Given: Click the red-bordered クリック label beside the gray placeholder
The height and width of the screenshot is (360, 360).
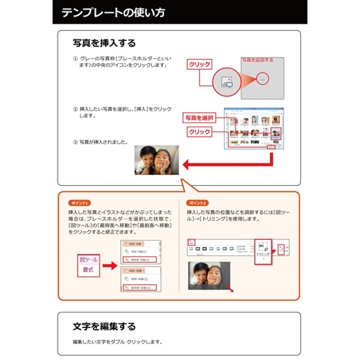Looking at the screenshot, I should [x=199, y=64].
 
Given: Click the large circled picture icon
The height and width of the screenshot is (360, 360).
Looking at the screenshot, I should [x=225, y=80].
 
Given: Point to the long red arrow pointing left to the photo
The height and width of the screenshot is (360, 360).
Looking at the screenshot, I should [x=230, y=163].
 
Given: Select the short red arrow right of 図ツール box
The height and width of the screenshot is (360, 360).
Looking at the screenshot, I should [x=109, y=264].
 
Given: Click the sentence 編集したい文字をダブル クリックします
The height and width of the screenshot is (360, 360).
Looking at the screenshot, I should [x=118, y=341].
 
